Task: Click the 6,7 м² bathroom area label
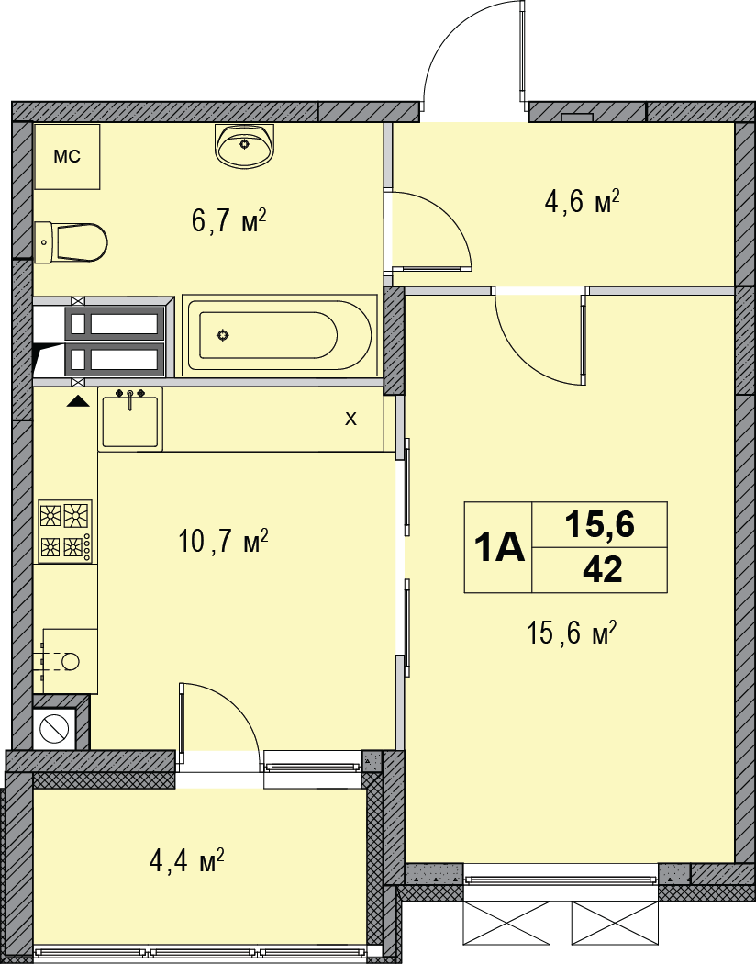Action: click(228, 221)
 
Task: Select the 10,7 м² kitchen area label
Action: click(223, 540)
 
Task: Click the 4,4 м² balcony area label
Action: click(186, 861)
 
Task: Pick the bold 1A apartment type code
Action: click(498, 548)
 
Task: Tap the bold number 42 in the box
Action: click(602, 570)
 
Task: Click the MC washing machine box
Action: click(67, 157)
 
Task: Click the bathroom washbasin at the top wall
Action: click(245, 146)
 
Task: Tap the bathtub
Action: click(280, 335)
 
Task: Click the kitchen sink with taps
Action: click(130, 420)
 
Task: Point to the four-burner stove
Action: click(65, 532)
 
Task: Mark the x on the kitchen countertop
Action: click(350, 420)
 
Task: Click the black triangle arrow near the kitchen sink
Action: click(78, 400)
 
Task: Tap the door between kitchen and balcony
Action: click(220, 716)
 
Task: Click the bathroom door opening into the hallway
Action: click(431, 230)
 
